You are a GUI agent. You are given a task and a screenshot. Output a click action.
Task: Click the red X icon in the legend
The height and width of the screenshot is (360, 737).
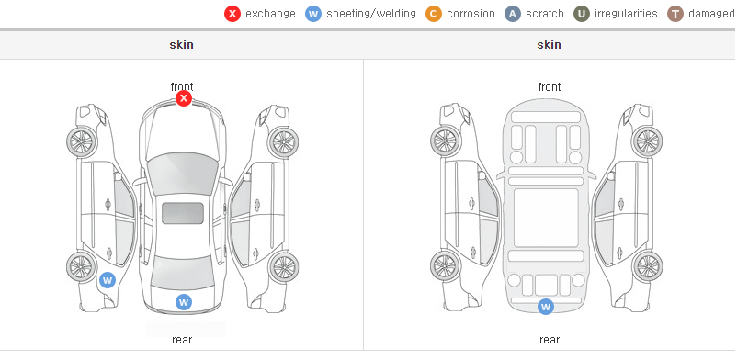(x=232, y=14)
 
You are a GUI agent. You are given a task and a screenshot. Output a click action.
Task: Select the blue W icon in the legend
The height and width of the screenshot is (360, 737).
(x=313, y=14)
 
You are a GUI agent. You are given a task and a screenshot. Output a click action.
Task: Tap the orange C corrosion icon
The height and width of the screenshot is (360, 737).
(x=434, y=14)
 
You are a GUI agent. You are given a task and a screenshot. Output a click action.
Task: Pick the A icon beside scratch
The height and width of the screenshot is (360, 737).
(x=513, y=14)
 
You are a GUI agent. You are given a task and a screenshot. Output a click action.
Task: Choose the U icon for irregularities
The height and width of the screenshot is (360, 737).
(x=582, y=14)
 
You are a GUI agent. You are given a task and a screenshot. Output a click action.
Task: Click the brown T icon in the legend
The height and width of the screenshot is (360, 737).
(x=675, y=14)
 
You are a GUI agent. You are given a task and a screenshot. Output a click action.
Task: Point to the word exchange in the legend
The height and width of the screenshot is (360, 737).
(x=270, y=14)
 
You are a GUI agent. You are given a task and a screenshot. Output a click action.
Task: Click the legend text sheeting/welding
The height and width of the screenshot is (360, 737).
(x=371, y=14)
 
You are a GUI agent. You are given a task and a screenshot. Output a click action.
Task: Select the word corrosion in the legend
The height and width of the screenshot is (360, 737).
(x=471, y=14)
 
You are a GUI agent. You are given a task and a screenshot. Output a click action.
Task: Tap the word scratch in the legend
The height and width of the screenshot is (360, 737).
(x=545, y=14)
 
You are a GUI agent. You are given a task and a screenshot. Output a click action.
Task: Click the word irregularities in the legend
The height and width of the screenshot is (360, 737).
(x=626, y=14)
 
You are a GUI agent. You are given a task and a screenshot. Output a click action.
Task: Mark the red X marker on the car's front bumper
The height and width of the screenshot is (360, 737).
(x=184, y=98)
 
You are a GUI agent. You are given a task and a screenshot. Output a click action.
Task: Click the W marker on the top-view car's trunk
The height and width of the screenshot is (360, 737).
(x=184, y=302)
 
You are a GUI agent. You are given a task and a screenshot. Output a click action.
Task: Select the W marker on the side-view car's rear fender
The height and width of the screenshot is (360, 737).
(x=108, y=281)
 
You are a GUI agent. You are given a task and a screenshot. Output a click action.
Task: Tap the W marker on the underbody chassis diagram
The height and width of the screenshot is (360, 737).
(x=546, y=307)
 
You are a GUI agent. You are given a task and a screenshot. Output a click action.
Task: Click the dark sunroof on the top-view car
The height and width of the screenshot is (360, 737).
(x=183, y=213)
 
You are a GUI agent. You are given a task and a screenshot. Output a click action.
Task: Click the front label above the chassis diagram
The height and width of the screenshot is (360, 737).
(x=550, y=87)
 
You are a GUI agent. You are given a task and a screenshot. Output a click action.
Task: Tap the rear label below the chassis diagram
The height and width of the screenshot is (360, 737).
(x=550, y=339)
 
